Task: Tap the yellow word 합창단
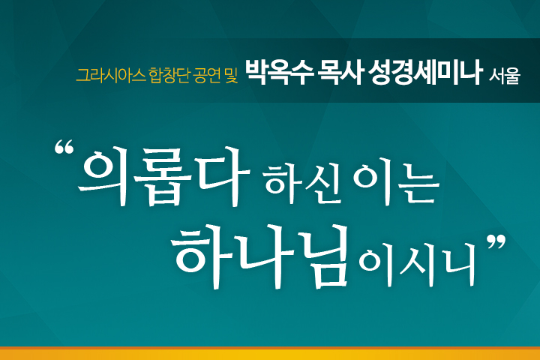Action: pos(169,76)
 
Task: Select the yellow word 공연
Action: pos(207,76)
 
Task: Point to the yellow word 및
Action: pos(231,76)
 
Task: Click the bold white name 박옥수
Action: pos(279,73)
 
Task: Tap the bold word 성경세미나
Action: pos(424,73)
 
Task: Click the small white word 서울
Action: pos(505,76)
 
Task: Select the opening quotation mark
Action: pos(64,147)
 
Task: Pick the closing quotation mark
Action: pos(496,241)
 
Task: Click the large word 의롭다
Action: pos(163,176)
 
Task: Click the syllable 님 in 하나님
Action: pos(322,256)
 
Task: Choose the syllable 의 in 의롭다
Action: pos(103,176)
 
